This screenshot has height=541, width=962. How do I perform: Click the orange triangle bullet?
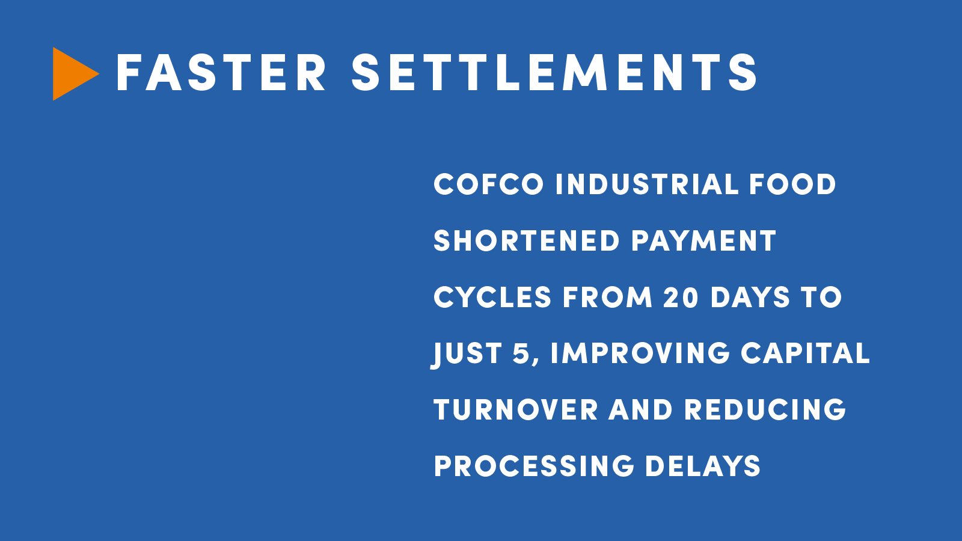click(x=73, y=74)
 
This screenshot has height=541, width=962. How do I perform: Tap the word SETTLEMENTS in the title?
click(x=554, y=73)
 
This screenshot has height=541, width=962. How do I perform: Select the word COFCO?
click(x=489, y=184)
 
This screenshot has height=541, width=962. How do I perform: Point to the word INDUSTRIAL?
click(x=647, y=184)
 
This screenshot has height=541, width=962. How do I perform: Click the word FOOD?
click(x=793, y=184)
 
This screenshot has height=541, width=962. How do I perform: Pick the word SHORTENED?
click(x=527, y=240)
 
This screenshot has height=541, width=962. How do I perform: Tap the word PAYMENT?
click(x=703, y=240)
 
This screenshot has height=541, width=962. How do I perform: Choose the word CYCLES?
click(x=492, y=297)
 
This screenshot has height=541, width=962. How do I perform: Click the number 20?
click(x=681, y=297)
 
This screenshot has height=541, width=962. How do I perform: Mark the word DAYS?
click(x=750, y=297)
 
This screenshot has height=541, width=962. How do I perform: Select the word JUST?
click(x=467, y=354)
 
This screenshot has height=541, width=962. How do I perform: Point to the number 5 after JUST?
click(x=521, y=353)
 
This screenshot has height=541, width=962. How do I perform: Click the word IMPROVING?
click(x=640, y=353)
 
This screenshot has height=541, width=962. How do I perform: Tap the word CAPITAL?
click(x=805, y=353)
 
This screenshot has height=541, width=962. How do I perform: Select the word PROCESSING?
click(x=534, y=466)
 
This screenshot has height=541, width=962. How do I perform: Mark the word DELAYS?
click(x=703, y=466)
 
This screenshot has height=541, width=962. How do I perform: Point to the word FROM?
click(x=607, y=297)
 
